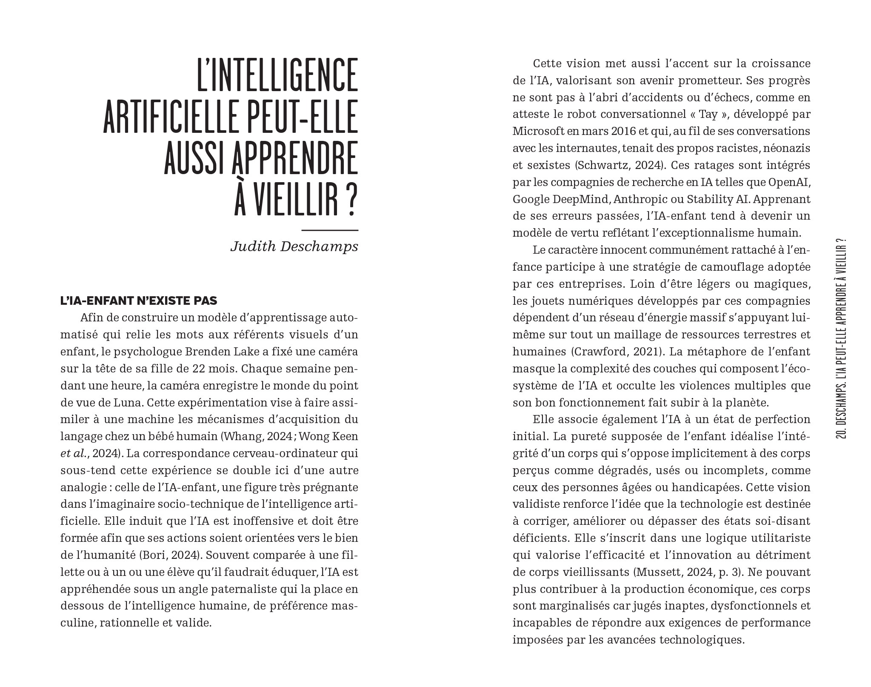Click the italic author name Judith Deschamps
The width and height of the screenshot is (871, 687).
click(x=294, y=246)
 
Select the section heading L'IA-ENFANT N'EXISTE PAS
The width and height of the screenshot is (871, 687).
click(x=139, y=301)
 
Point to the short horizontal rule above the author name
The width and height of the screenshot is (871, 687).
click(x=329, y=230)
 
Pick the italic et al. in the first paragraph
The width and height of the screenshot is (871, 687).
click(x=73, y=454)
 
